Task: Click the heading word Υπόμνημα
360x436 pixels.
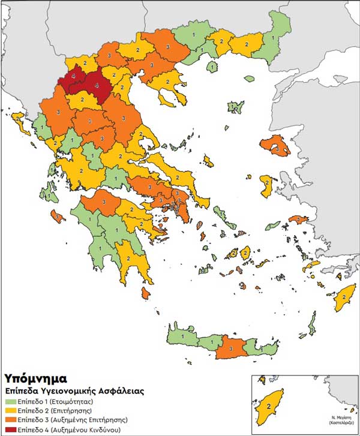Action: tap(35, 378)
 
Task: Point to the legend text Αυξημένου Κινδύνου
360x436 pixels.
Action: tap(94, 430)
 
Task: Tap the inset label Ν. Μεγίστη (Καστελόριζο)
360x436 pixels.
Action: tap(339, 419)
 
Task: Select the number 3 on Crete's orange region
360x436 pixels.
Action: tap(230, 348)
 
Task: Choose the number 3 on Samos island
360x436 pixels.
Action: tap(298, 220)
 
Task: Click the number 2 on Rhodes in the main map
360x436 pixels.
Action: tap(344, 296)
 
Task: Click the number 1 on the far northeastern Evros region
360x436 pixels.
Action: tap(274, 37)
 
